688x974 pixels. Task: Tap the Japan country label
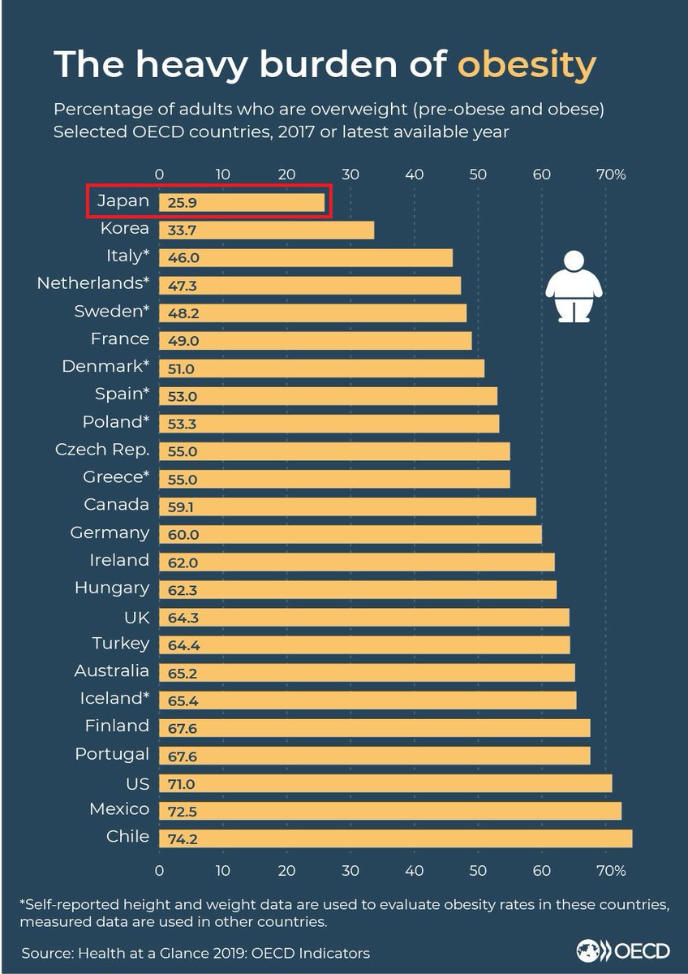pos(123,201)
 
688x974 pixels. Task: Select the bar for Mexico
pos(389,810)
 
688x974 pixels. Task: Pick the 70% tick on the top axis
pos(610,175)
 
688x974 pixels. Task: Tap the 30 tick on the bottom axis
pos(350,870)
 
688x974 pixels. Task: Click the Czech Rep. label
pos(102,450)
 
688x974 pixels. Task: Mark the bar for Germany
pos(350,533)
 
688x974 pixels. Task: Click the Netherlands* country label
pos(93,284)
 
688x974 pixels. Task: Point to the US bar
pos(385,782)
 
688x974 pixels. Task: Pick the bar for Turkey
pos(364,644)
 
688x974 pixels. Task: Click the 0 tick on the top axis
pos(160,175)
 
